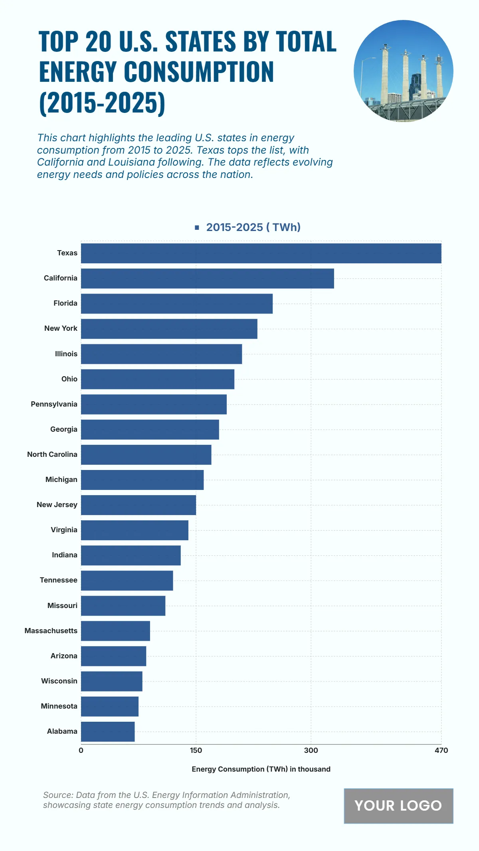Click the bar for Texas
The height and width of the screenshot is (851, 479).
(261, 253)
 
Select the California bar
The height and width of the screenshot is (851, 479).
(208, 278)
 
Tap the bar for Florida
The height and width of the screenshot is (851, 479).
(177, 304)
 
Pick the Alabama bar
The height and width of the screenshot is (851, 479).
(108, 732)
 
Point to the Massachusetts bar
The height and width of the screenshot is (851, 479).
(115, 631)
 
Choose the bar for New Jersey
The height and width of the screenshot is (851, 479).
(139, 505)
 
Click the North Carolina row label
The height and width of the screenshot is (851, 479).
(52, 454)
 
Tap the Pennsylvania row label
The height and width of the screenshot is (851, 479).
(54, 404)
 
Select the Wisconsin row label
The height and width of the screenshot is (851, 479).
(59, 681)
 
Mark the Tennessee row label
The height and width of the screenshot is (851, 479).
(58, 580)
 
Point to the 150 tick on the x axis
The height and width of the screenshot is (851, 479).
(196, 750)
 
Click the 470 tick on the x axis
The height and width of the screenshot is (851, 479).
(441, 750)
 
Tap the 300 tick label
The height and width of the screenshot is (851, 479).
(311, 750)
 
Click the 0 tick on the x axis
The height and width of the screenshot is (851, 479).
(81, 750)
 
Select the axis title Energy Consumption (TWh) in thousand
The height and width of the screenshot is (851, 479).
(261, 769)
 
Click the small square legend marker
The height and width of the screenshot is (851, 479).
(197, 227)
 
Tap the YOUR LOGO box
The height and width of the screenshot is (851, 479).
(398, 806)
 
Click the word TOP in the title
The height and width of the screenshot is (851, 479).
(58, 41)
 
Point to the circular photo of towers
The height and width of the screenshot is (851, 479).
(403, 71)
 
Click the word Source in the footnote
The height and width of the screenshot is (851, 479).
(57, 795)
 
